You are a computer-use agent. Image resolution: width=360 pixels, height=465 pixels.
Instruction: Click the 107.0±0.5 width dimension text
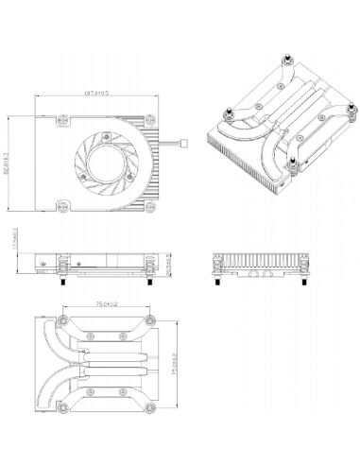click(x=97, y=94)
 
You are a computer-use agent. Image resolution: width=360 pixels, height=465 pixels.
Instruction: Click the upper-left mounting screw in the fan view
click(x=63, y=119)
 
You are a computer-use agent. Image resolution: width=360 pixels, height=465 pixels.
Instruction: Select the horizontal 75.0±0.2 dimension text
click(x=106, y=304)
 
